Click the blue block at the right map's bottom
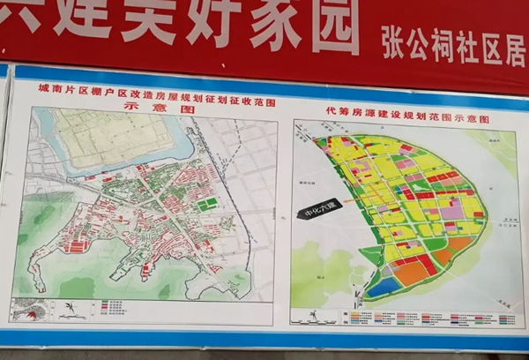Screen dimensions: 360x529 (382, 287)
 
